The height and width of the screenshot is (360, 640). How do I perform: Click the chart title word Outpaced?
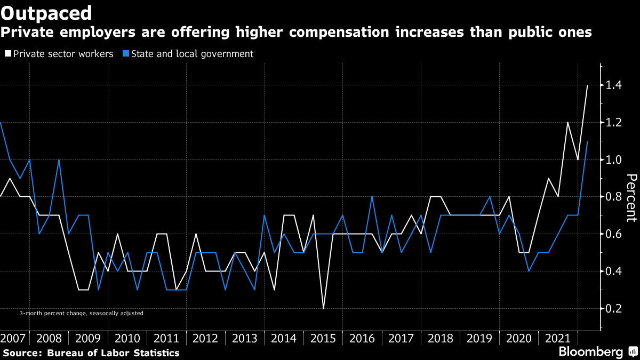pyautogui.click(x=46, y=12)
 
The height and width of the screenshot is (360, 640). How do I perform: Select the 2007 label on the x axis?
pyautogui.click(x=13, y=339)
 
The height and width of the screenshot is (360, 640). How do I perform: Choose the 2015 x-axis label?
pyautogui.click(x=323, y=339)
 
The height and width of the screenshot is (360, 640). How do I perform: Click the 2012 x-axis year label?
pyautogui.click(x=205, y=339)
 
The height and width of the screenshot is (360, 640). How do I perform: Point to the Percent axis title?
pyautogui.click(x=631, y=197)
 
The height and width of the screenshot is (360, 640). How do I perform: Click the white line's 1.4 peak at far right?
pyautogui.click(x=587, y=85)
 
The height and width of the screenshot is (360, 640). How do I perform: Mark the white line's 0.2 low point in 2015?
pyautogui.click(x=323, y=308)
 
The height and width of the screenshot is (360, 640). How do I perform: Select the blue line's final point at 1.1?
pyautogui.click(x=587, y=141)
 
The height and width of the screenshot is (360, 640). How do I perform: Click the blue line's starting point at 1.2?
pyautogui.click(x=1, y=123)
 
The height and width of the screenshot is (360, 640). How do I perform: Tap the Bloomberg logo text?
pyautogui.click(x=590, y=352)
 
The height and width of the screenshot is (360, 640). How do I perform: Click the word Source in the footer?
pyautogui.click(x=21, y=353)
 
